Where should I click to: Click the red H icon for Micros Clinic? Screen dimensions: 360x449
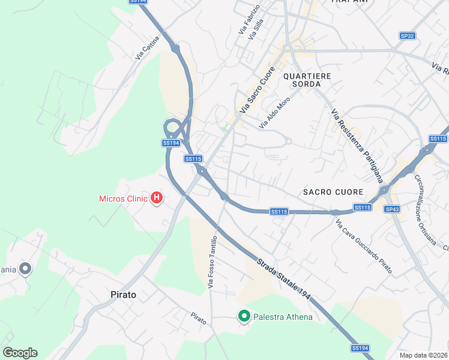tap(157, 197)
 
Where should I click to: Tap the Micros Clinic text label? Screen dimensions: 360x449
tap(123, 199)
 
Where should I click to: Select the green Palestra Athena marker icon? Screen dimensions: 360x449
tap(244, 316)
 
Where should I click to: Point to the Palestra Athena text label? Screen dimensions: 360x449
tap(283, 317)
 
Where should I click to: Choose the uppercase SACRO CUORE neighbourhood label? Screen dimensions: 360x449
tap(333, 192)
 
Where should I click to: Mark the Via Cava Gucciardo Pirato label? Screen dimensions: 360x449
tap(364, 247)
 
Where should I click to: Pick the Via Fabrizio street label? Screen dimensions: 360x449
tap(249, 19)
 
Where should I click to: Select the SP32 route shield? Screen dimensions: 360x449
tap(408, 36)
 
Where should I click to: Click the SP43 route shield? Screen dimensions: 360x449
tap(392, 209)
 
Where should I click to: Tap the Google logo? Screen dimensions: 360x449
tap(20, 353)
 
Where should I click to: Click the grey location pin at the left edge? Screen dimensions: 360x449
tap(25, 269)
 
